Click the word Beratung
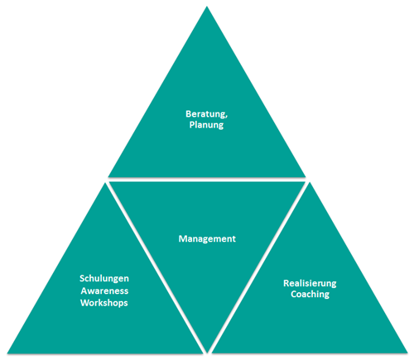click(205, 114)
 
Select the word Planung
click(206, 125)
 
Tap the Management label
click(207, 238)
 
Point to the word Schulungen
click(104, 279)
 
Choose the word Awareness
click(104, 290)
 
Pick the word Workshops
click(104, 303)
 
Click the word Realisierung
click(310, 284)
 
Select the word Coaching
click(310, 295)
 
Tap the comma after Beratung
click(226, 117)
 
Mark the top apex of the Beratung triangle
click(207, 7)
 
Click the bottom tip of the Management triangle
click(207, 353)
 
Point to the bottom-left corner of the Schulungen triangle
click(7, 353)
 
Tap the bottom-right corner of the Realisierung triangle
click(407, 353)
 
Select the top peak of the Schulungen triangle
click(105, 183)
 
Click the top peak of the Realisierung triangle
click(310, 182)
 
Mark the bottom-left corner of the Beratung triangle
click(108, 177)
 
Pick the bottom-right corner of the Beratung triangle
click(306, 177)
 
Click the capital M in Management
click(183, 238)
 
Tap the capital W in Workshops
click(85, 303)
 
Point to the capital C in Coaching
click(294, 294)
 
